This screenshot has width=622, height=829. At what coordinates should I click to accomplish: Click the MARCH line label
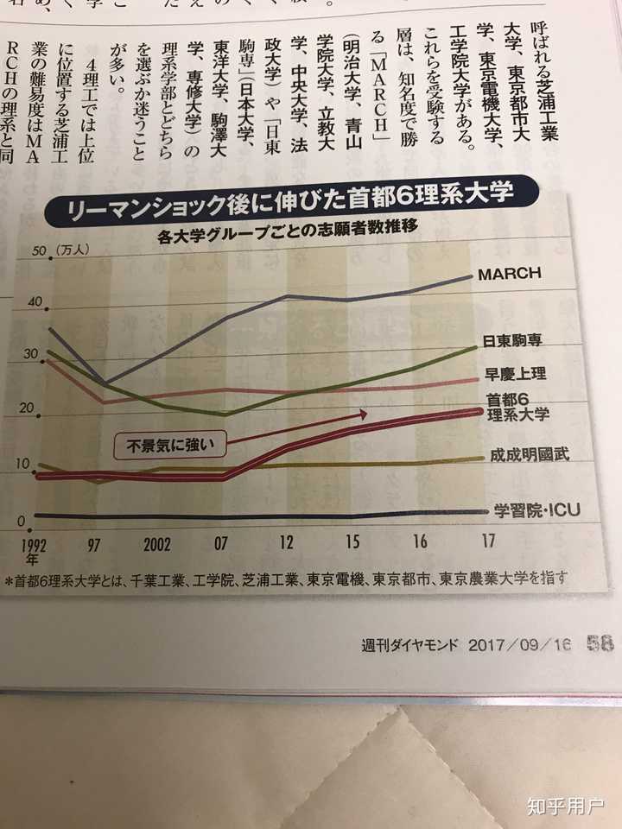509,274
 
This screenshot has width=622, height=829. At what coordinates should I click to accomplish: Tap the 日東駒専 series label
511,342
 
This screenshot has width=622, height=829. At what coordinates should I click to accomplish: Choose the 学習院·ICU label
536,510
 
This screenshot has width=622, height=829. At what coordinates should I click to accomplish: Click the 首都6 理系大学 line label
517,407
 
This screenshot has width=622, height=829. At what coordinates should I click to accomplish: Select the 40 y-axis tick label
35,301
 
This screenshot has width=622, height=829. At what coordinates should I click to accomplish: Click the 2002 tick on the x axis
156,546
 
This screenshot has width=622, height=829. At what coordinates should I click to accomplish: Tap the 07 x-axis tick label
221,544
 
